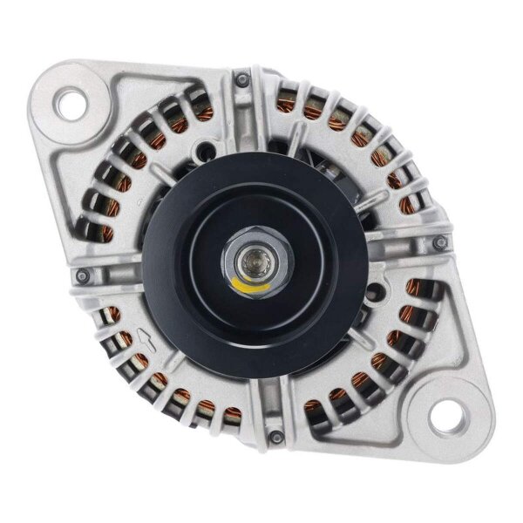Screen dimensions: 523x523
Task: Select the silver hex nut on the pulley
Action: [x=254, y=261]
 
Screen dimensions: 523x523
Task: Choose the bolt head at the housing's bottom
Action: [x=275, y=437]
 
